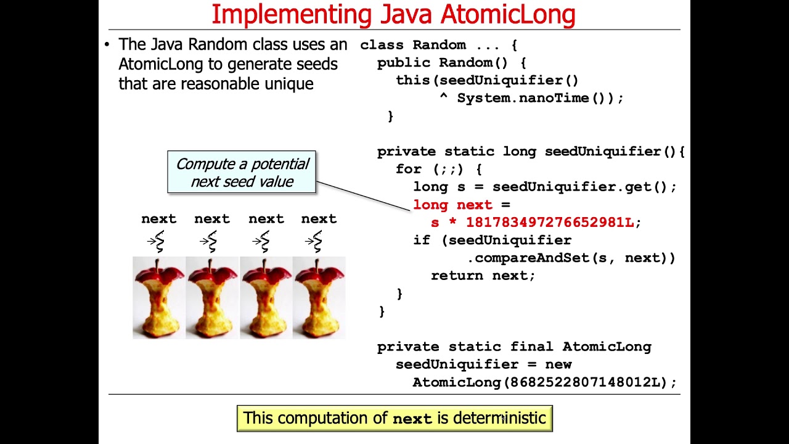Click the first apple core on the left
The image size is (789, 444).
[x=158, y=298]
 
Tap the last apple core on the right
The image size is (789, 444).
[x=319, y=298]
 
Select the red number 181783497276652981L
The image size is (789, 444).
[x=550, y=223]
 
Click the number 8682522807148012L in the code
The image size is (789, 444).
[x=586, y=382]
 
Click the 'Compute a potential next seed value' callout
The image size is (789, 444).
[x=242, y=173]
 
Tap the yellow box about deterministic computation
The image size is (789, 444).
[x=394, y=418]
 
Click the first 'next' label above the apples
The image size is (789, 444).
[x=158, y=219]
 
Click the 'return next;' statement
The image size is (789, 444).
[x=483, y=276]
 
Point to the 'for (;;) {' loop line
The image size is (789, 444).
[x=438, y=169]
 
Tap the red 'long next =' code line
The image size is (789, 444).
[x=461, y=205]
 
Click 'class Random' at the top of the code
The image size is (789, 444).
[x=412, y=45]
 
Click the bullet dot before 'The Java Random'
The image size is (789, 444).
[x=107, y=44]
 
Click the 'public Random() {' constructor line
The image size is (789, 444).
[x=451, y=63]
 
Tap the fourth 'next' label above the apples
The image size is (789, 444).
[x=319, y=219]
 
